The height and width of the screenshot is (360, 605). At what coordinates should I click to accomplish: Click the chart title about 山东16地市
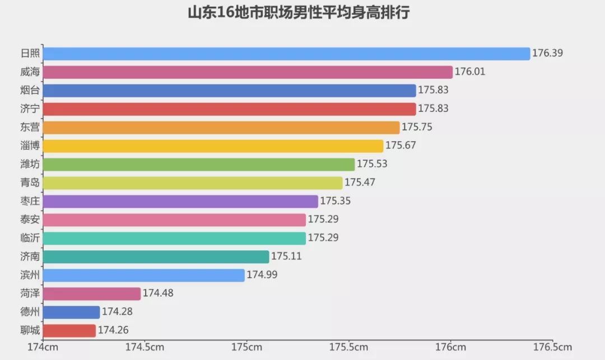(299, 13)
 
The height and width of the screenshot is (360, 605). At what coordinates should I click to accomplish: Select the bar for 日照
(286, 54)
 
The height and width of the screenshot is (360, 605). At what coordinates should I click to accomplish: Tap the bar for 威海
(247, 72)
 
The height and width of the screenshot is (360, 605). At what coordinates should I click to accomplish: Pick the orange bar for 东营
(221, 128)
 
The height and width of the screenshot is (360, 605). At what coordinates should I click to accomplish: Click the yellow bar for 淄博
(213, 146)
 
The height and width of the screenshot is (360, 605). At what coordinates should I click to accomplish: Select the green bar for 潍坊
(198, 165)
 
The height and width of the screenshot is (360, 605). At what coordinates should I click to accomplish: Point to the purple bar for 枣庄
(180, 202)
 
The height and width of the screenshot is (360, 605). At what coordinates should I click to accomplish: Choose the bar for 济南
(156, 257)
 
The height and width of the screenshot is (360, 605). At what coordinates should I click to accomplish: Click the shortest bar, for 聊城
(69, 331)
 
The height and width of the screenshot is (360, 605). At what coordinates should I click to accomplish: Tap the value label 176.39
(547, 54)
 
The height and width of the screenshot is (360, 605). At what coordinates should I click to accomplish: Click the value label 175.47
(360, 183)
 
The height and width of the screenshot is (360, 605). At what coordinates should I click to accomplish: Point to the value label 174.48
(158, 294)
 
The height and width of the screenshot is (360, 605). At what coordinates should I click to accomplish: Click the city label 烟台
(30, 91)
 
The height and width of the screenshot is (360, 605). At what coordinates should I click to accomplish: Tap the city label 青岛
(30, 183)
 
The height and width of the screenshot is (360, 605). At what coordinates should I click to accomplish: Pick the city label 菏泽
(30, 294)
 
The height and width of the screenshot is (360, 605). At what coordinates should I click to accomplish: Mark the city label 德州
(30, 312)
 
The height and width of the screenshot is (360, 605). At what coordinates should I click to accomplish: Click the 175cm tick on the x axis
(246, 347)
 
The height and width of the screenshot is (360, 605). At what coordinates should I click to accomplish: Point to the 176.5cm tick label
(552, 347)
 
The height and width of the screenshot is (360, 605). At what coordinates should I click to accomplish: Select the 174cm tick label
(43, 347)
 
